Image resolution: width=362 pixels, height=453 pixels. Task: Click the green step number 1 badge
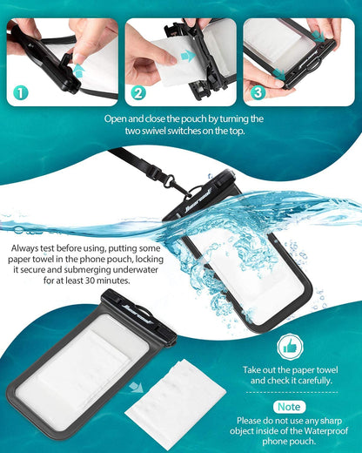[19, 91]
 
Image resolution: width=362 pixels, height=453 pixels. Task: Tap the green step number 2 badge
[137, 91]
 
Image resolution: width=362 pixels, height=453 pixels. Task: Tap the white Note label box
[289, 406]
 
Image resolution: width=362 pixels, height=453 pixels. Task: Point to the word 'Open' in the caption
[117, 118]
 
